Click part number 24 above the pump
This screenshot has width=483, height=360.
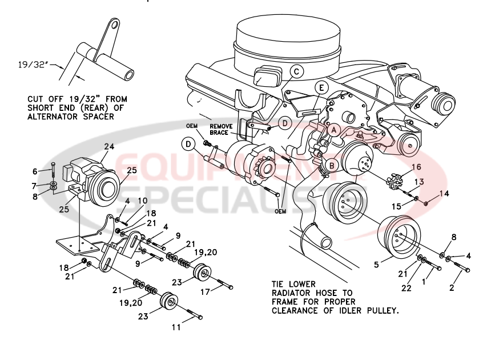click(x=108, y=146)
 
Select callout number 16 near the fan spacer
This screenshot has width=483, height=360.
click(x=416, y=167)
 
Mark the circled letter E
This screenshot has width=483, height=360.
click(x=322, y=88)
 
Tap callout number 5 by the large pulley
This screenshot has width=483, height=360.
click(x=376, y=265)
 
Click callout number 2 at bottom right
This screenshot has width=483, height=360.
click(x=452, y=288)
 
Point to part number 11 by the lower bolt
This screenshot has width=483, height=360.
click(x=177, y=327)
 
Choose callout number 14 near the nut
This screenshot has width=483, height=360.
click(x=444, y=194)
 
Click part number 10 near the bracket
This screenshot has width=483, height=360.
click(x=143, y=201)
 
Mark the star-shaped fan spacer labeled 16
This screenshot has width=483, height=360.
click(x=393, y=181)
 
